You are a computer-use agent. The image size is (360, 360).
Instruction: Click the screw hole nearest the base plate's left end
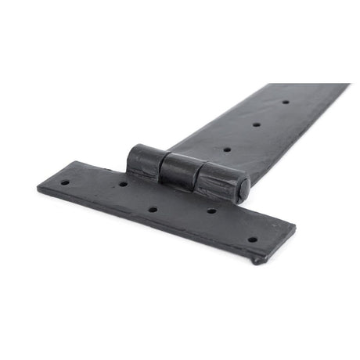[66, 182]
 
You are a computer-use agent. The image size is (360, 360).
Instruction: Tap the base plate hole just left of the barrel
[123, 184]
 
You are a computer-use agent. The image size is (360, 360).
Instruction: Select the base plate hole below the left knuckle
[153, 210]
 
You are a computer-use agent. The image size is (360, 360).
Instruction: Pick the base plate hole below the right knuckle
[211, 211]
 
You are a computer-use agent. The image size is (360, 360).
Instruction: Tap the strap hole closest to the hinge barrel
[228, 149]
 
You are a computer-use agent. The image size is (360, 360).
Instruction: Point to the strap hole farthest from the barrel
[285, 102]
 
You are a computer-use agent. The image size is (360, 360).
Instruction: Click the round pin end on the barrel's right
[244, 189]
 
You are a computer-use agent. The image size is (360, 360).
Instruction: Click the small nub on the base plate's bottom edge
[257, 260]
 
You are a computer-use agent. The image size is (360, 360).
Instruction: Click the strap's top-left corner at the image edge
[270, 84]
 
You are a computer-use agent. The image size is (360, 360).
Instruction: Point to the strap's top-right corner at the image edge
[349, 85]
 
